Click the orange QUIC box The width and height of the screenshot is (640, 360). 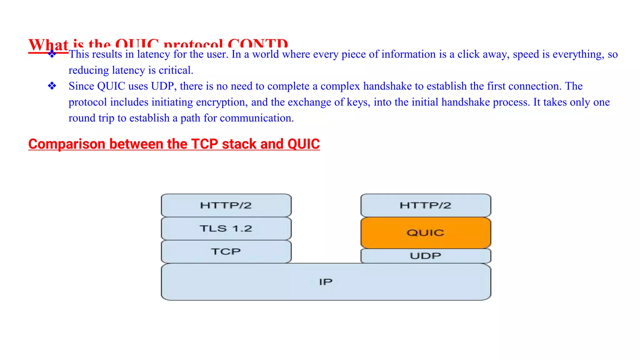coord(426,233)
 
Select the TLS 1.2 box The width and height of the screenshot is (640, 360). coord(226,228)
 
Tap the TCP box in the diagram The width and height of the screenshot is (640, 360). coord(226,252)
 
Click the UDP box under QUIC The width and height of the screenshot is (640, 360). coord(426,256)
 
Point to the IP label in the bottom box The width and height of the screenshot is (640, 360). coord(326,282)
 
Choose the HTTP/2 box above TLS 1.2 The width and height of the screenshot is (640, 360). coord(226,205)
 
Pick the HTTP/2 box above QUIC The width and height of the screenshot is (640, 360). coord(426,205)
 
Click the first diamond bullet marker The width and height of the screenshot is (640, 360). coord(52,54)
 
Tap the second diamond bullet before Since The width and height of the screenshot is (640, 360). coord(52,86)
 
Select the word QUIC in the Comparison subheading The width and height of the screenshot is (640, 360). coord(303,144)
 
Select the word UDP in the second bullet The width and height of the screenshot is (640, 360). coord(162,86)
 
